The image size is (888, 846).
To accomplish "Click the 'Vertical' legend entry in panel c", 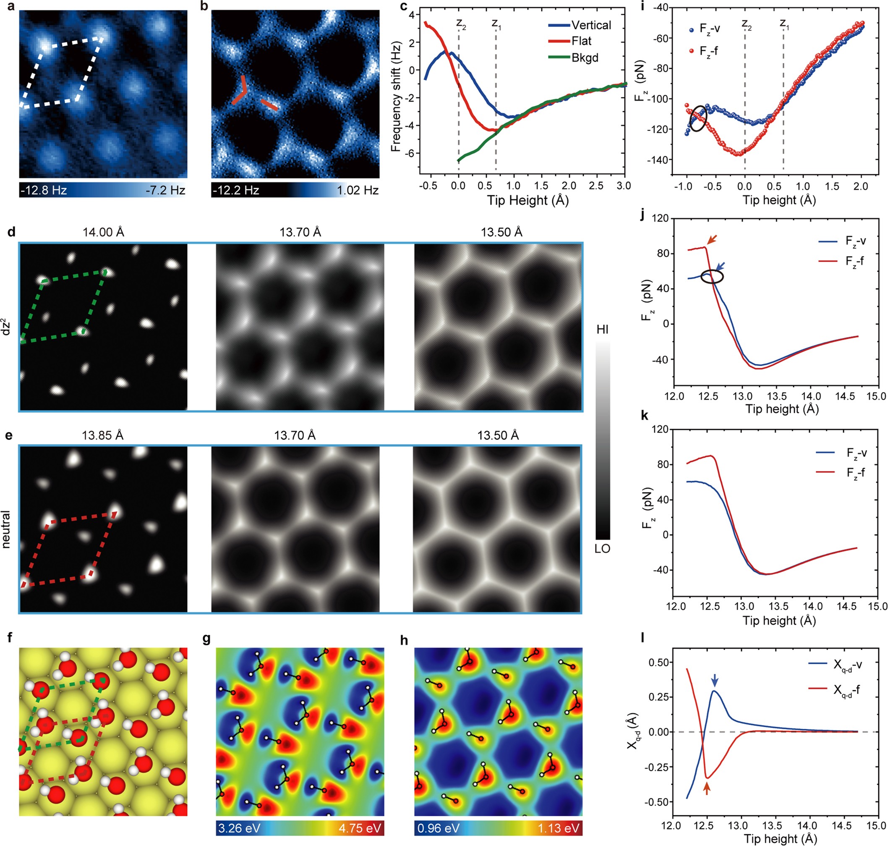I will point(590,25).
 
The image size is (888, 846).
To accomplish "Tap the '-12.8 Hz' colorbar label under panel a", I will point(44,190).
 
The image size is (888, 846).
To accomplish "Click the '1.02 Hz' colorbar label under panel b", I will point(358,190).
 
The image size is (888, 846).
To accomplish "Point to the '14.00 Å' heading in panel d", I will point(103,232).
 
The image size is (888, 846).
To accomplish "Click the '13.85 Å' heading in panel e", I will point(102,436).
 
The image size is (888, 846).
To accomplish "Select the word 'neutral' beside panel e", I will point(6,529).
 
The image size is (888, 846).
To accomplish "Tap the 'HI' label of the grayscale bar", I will point(602,330).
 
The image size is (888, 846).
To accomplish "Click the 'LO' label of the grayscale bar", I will point(602,549).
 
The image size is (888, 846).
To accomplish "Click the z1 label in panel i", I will point(785,24).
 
